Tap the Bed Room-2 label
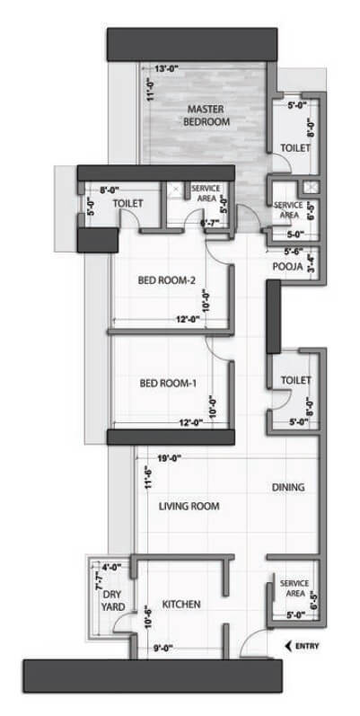[x=166, y=280]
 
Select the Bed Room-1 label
[x=168, y=384]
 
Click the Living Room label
[x=189, y=507]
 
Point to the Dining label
[x=288, y=488]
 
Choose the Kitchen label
[x=180, y=604]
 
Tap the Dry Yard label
[x=112, y=600]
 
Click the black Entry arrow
[x=289, y=645]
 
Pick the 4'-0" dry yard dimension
[x=111, y=567]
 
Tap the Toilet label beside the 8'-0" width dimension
[x=128, y=204]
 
